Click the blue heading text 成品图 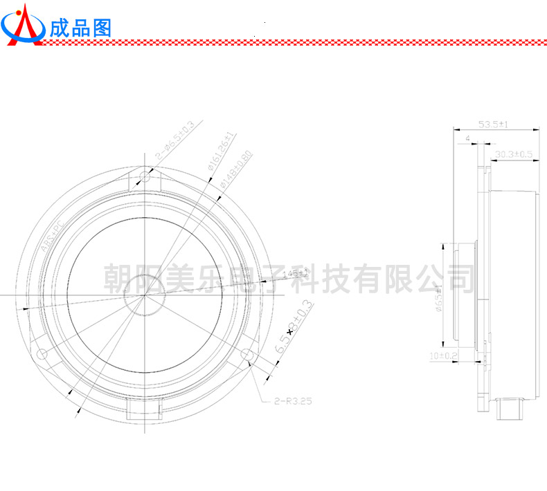click(x=80, y=27)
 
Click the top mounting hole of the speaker click(x=145, y=177)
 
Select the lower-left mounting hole click(x=42, y=354)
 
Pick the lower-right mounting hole click(x=247, y=355)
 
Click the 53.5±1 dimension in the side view click(x=494, y=124)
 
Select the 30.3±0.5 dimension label click(x=513, y=154)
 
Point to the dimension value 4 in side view click(x=468, y=138)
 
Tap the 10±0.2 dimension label click(x=444, y=355)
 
